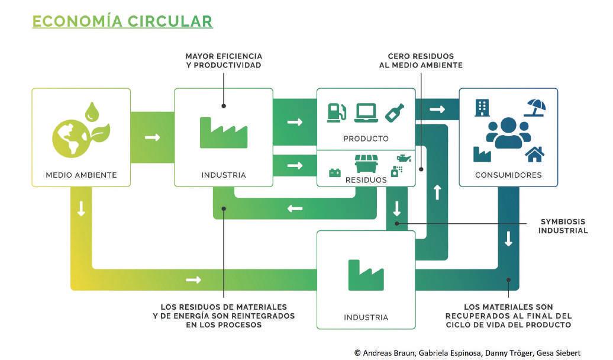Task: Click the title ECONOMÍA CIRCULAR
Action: coord(122,21)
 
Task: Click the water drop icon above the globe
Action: coord(92,112)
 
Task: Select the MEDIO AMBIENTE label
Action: coord(81,175)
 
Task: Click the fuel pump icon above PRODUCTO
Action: coord(337,112)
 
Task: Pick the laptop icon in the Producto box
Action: coord(366,112)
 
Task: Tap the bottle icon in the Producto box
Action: coord(395,112)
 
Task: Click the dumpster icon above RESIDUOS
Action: coord(366,163)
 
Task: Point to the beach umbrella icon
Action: coord(535,108)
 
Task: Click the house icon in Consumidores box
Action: coord(535,154)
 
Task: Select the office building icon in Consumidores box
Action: coord(482,108)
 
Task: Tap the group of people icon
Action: coord(508,133)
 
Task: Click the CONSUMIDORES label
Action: coord(508,175)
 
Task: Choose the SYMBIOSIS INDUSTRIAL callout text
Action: coord(563,226)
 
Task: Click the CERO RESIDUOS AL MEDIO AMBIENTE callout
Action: coord(421,60)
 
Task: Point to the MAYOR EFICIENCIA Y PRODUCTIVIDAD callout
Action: coord(224,60)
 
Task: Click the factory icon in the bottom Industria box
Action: coord(366,275)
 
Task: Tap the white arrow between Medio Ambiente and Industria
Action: coord(153,137)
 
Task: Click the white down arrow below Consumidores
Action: coord(508,239)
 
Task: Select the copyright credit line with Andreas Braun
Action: coord(467,353)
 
